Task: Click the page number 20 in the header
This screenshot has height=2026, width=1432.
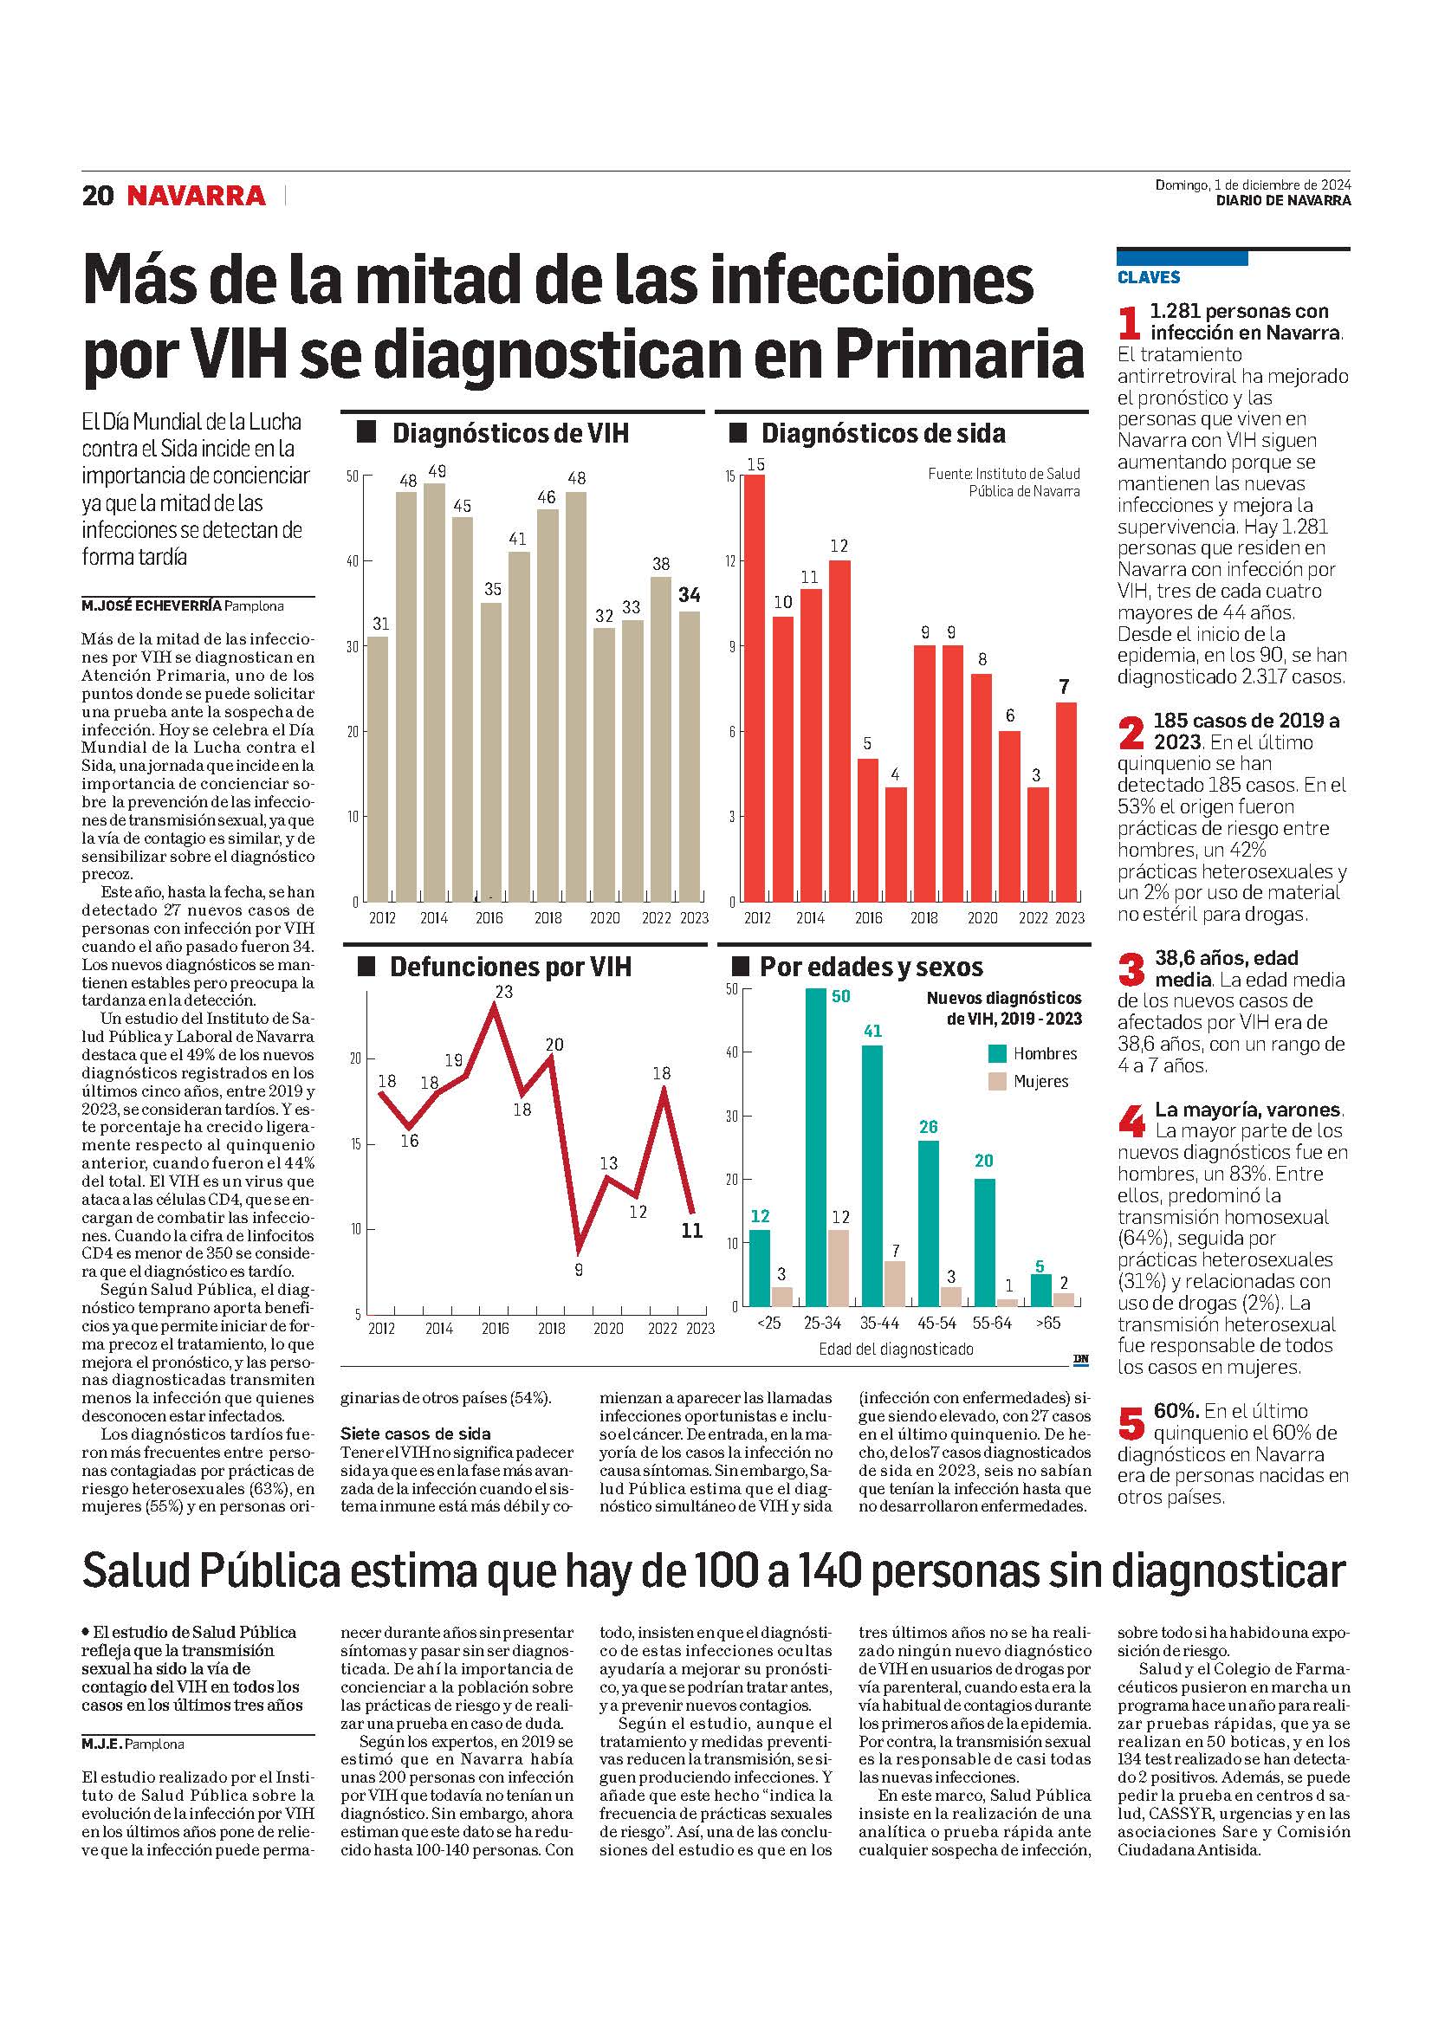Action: coord(97,195)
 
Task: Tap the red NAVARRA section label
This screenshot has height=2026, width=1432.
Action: coord(196,195)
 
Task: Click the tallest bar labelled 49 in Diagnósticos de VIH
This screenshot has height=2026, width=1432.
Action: coord(435,692)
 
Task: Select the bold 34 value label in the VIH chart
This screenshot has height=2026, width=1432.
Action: coord(689,595)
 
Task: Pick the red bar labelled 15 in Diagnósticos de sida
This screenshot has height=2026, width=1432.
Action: coord(755,689)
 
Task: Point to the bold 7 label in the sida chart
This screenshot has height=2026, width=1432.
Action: coord(1064,686)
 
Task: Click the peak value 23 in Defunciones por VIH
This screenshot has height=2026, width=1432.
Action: coord(503,992)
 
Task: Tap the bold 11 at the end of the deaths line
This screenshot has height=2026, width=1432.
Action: coord(693,1230)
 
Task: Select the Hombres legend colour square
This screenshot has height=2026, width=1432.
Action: coord(997,1052)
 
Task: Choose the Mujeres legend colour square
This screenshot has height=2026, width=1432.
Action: coord(997,1081)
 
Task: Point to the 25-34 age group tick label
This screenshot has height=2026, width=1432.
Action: coord(823,1324)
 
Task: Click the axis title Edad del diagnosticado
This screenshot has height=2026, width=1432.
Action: coord(897,1350)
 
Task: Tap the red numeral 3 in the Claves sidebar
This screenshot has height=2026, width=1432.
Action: coord(1131,971)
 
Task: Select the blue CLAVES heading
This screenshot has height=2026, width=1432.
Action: coord(1148,277)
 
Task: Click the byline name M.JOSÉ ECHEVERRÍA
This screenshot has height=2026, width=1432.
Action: coord(151,606)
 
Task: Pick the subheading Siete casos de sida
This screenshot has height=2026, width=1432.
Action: coord(416,1434)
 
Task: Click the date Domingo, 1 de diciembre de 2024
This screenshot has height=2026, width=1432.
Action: coord(1253,185)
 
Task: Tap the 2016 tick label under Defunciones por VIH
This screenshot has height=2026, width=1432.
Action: coord(495,1329)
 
